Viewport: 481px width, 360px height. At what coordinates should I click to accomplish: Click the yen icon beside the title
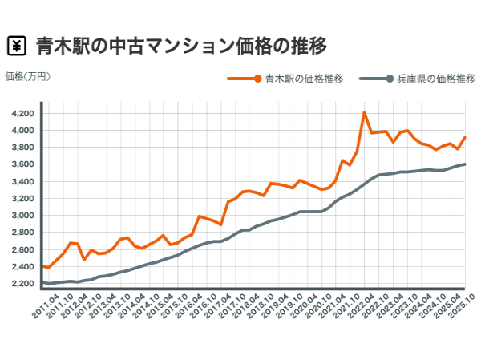coord(16,45)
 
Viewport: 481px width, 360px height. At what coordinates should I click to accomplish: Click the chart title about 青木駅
coord(181,45)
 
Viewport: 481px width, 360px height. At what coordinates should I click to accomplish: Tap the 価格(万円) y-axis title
coord(28,76)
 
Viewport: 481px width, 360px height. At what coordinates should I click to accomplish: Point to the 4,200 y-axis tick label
coord(22,113)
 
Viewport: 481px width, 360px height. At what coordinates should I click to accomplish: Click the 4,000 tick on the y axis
coord(22,130)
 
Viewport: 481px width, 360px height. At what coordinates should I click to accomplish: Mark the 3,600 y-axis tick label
coord(22,164)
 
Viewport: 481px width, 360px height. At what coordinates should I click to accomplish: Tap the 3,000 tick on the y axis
coord(22,216)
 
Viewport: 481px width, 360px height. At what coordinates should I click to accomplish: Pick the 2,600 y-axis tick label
coord(22,249)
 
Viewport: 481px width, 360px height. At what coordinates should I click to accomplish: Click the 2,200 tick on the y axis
coord(22,284)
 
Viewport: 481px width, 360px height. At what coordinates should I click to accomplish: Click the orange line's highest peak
coord(364,112)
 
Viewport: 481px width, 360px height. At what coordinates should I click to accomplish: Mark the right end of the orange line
coord(466,137)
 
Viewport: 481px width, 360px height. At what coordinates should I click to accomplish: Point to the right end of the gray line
coord(466,164)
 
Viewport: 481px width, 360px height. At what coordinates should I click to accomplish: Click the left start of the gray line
coord(42,283)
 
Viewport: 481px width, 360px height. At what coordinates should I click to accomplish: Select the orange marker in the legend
coord(256,79)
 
